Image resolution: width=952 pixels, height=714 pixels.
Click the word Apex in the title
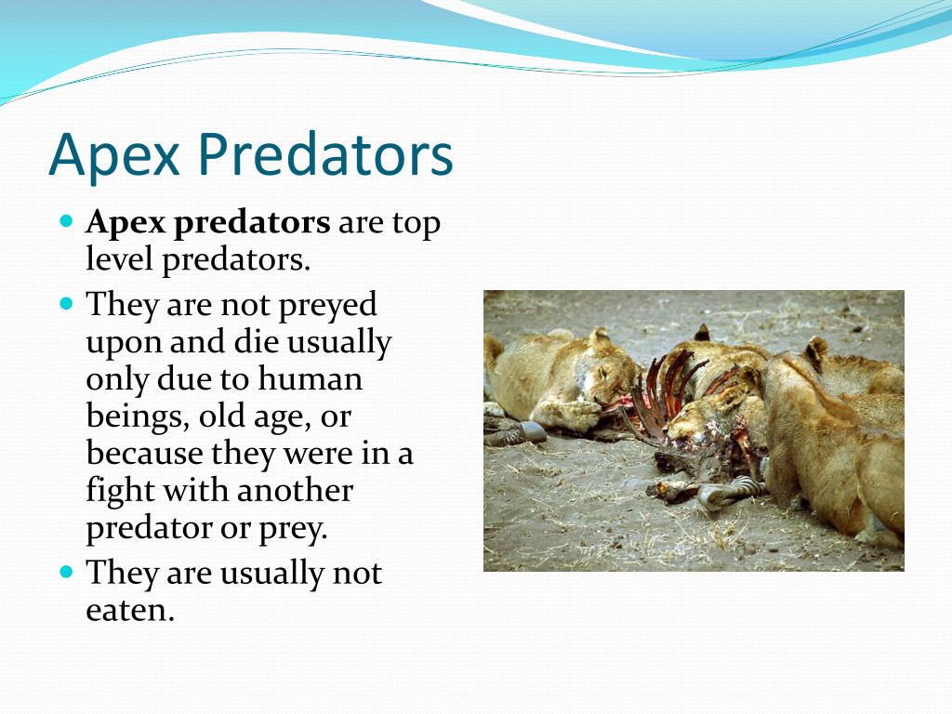pyautogui.click(x=114, y=154)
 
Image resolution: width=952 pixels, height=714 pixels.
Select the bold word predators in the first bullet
pyautogui.click(x=252, y=224)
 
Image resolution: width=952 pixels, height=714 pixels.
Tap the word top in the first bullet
pyautogui.click(x=416, y=224)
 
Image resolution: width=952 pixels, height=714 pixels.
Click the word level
pyautogui.click(x=119, y=258)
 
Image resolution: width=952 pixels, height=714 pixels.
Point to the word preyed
pyautogui.click(x=328, y=305)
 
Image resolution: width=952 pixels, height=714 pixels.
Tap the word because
pyautogui.click(x=144, y=453)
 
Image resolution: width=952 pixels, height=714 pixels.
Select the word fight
pyautogui.click(x=120, y=491)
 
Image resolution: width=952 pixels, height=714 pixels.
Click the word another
pyautogui.click(x=295, y=491)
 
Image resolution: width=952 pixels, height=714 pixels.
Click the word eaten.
pyautogui.click(x=130, y=610)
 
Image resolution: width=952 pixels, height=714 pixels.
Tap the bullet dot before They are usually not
pyautogui.click(x=67, y=572)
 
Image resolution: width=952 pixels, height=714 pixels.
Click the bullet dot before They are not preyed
pyautogui.click(x=67, y=303)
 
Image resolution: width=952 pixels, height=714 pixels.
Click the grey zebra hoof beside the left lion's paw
pyautogui.click(x=533, y=431)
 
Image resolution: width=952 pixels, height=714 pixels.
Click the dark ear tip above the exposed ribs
pyautogui.click(x=703, y=332)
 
